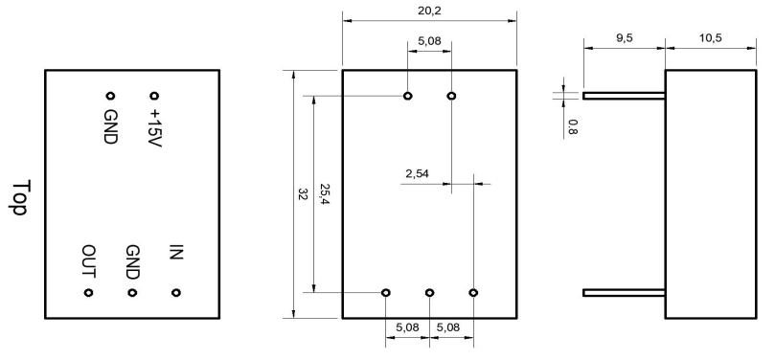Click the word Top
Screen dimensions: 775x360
pyautogui.click(x=21, y=197)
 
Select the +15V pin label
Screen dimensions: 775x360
pyautogui.click(x=154, y=128)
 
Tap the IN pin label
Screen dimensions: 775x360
pyautogui.click(x=176, y=252)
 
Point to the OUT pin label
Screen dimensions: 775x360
pyautogui.click(x=89, y=261)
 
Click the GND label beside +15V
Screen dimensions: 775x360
pyautogui.click(x=110, y=126)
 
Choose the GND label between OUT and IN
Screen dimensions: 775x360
pyautogui.click(x=132, y=262)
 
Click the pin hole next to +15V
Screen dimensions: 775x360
pyautogui.click(x=154, y=96)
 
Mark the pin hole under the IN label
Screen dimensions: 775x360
pyautogui.click(x=176, y=293)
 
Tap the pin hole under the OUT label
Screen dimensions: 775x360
pyautogui.click(x=88, y=293)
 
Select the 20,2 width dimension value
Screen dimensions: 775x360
pyautogui.click(x=429, y=11)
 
